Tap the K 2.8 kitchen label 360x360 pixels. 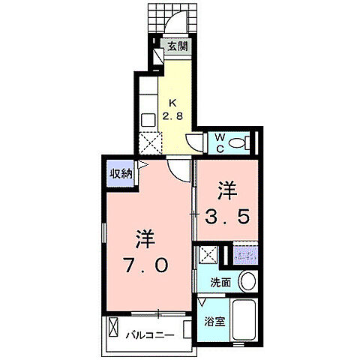click(x=174, y=109)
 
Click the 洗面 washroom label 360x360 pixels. click(x=220, y=282)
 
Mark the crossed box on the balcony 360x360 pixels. click(x=114, y=328)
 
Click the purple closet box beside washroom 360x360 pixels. click(x=244, y=255)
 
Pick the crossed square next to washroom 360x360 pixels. click(x=207, y=255)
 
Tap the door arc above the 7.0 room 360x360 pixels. click(x=177, y=169)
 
